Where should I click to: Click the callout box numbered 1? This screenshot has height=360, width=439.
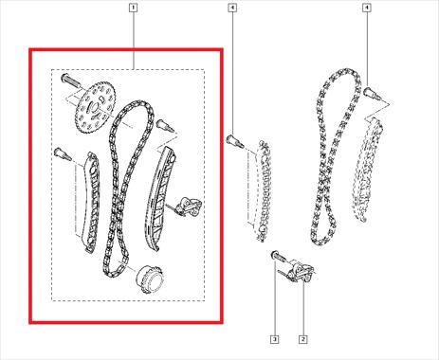[x=133, y=8]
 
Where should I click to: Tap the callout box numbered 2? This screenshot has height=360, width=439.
[x=302, y=339]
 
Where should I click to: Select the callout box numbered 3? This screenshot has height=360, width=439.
[x=275, y=339]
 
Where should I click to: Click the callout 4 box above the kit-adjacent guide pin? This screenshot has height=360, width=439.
[x=232, y=8]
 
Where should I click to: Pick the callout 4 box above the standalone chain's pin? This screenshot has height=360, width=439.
[x=366, y=8]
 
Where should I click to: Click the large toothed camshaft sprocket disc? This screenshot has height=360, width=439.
[x=96, y=108]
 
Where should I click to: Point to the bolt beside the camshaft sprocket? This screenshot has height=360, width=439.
[x=71, y=81]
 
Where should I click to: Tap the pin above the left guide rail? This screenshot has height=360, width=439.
[x=63, y=153]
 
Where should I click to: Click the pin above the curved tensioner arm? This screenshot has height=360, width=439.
[x=165, y=126]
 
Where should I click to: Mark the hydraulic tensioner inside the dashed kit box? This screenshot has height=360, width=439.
[x=187, y=207]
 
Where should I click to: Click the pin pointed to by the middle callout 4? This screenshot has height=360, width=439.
[x=235, y=141]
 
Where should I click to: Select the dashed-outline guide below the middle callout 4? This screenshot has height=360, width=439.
[x=264, y=191]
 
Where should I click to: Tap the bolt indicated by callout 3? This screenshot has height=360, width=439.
[x=279, y=256]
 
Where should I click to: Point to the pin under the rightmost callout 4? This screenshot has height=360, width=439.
[x=373, y=94]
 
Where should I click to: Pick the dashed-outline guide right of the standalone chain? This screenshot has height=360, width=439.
[x=367, y=170]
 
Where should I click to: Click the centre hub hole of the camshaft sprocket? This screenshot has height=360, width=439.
[x=95, y=109]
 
